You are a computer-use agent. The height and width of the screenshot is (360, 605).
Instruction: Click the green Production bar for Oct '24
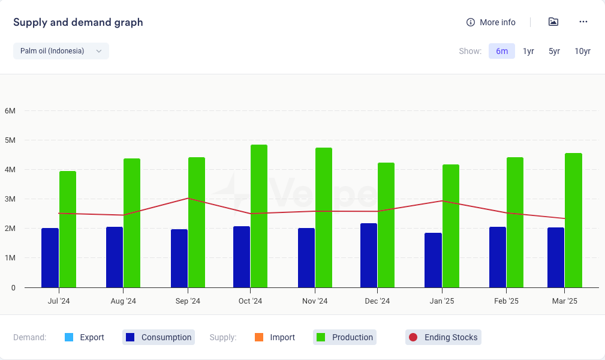pos(259,216)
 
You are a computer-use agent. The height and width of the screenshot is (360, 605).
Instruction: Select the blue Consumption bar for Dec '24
pos(369,255)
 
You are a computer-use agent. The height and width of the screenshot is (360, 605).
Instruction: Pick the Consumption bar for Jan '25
pos(434,260)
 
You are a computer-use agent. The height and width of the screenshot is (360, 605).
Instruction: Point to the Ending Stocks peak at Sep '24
pos(188,198)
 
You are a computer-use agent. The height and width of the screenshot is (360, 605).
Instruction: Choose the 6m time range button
pos(502,51)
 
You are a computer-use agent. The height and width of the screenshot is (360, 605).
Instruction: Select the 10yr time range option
pos(582,51)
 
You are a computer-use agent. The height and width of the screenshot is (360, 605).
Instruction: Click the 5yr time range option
pos(554,51)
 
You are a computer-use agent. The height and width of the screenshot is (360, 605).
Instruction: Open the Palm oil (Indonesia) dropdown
pos(61,51)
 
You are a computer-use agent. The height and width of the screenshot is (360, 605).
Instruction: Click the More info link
pos(491,22)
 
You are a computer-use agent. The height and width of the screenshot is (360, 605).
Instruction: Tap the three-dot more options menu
pos(583,22)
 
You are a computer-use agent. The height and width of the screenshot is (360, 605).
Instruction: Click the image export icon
pos(553,22)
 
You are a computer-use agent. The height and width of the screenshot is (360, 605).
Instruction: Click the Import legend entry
pos(275,337)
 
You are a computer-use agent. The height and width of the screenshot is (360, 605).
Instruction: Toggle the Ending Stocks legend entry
pos(443,337)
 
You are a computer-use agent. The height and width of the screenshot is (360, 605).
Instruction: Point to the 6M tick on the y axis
pos(10,111)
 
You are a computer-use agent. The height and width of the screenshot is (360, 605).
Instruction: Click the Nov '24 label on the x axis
pos(315,301)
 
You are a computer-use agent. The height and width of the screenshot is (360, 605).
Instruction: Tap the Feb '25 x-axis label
pos(507,301)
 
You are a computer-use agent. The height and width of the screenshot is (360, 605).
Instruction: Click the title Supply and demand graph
pos(78,23)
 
